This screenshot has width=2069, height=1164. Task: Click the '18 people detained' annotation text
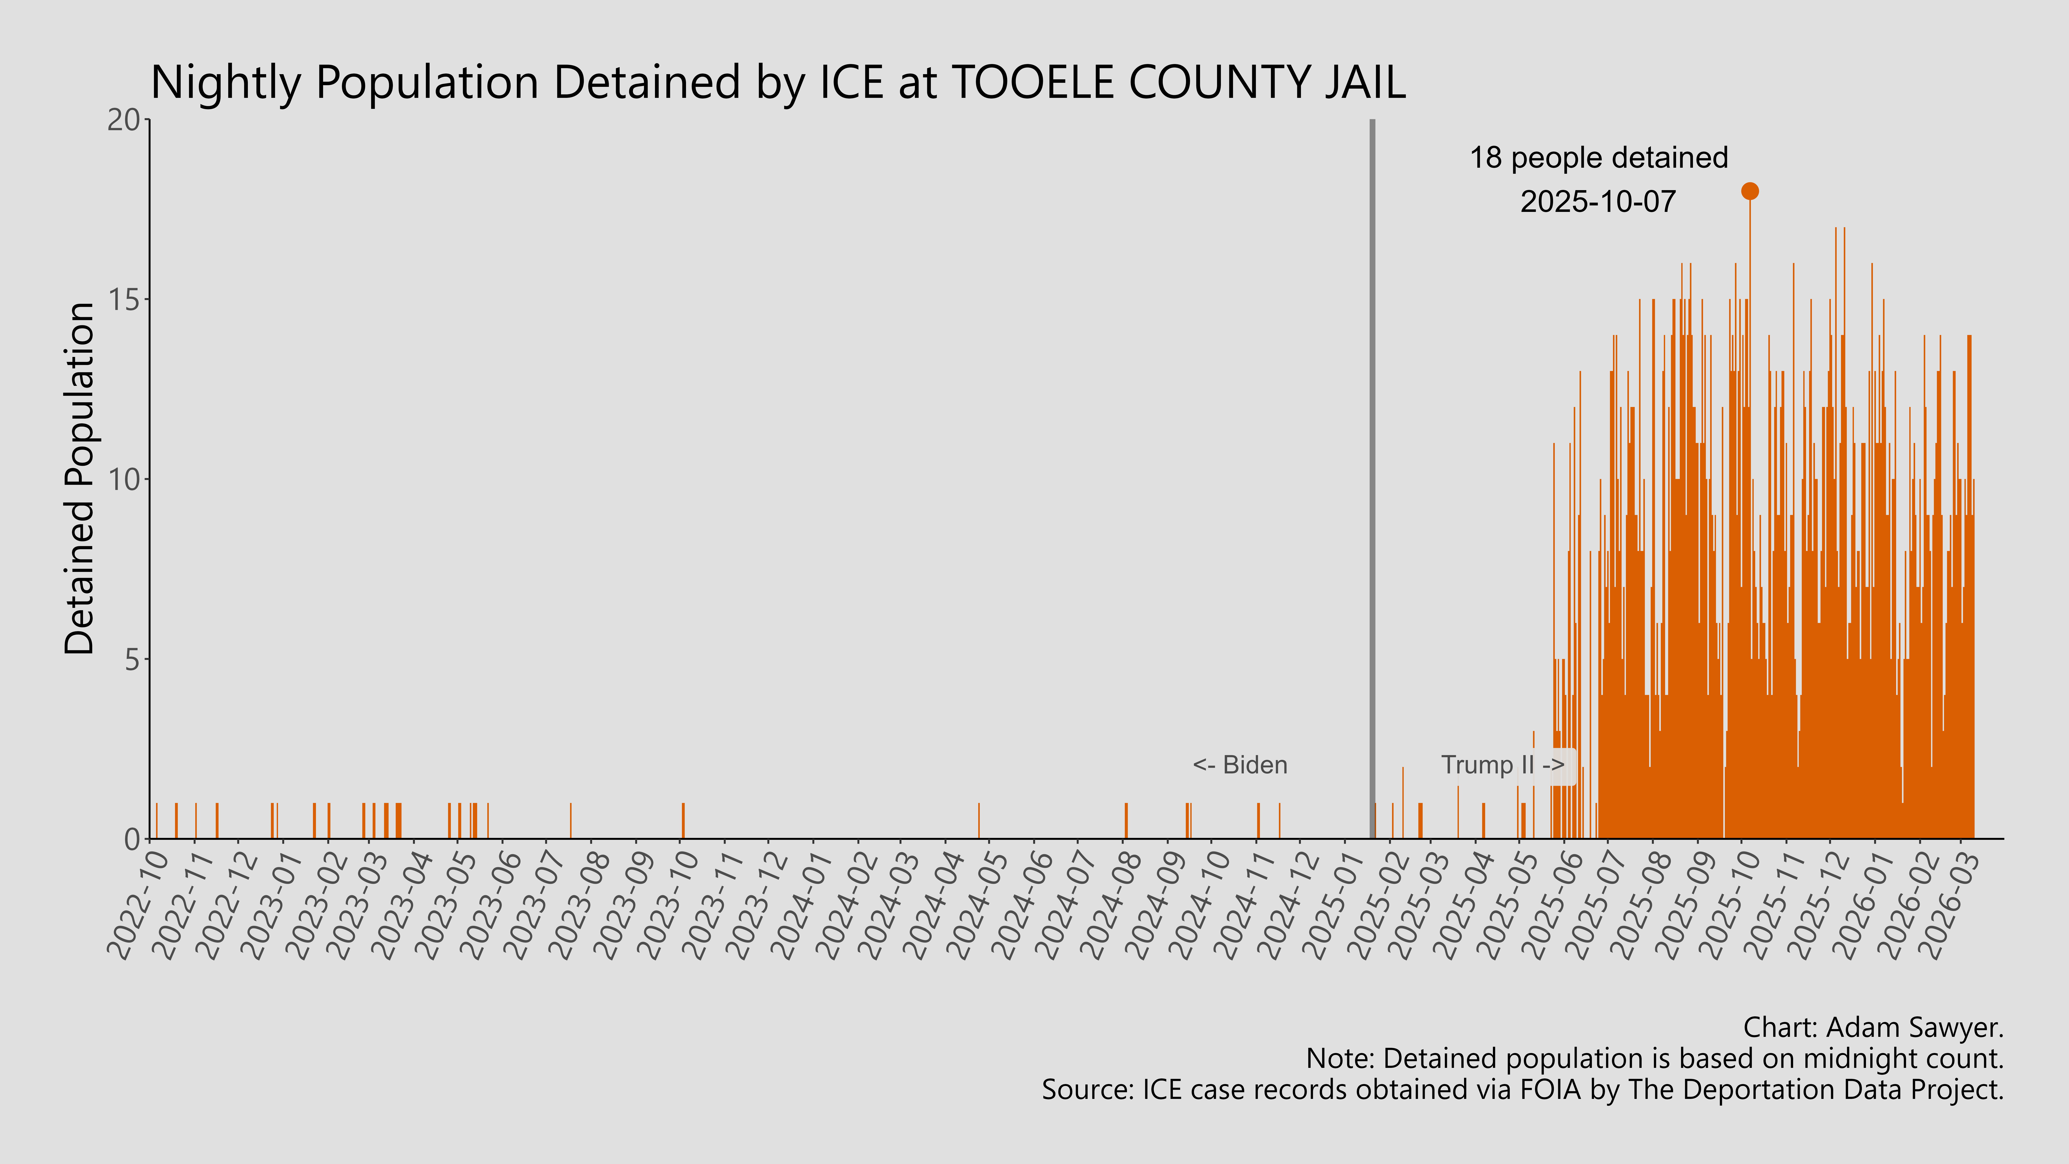click(1598, 158)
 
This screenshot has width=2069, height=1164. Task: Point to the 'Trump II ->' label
click(1502, 765)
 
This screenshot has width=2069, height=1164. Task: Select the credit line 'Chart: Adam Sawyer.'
click(1873, 1027)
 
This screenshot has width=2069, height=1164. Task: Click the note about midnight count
click(1655, 1059)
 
